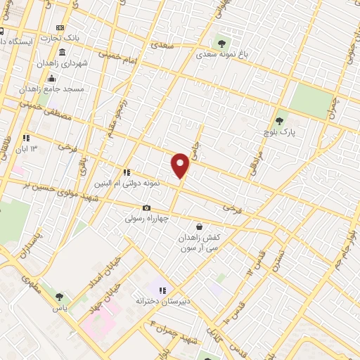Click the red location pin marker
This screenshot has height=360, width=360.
coord(181,166)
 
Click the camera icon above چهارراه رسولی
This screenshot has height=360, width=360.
coord(146,207)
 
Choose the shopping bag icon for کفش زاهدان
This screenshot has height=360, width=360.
coord(200,226)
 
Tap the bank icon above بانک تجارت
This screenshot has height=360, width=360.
coord(60,27)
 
